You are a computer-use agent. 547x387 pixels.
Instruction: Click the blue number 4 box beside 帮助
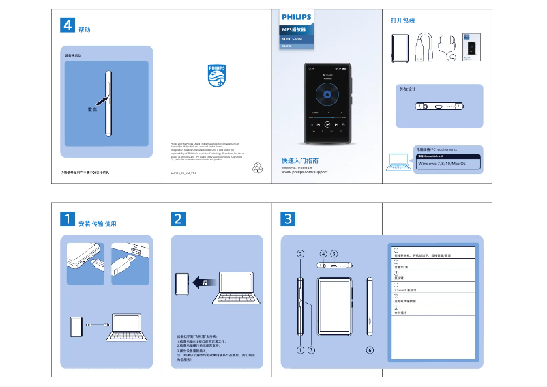pyautogui.click(x=68, y=25)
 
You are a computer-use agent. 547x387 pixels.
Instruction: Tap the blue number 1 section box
pyautogui.click(x=67, y=218)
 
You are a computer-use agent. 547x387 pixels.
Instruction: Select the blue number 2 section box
pyautogui.click(x=177, y=218)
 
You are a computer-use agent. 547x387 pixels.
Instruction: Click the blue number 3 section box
pyautogui.click(x=289, y=218)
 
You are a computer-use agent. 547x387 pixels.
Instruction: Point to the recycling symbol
pyautogui.click(x=258, y=167)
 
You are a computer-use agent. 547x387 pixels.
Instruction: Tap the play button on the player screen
pyautogui.click(x=327, y=124)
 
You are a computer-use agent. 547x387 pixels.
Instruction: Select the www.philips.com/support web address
pyautogui.click(x=305, y=173)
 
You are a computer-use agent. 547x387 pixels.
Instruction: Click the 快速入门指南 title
pyautogui.click(x=301, y=161)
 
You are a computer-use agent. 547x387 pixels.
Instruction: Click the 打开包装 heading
pyautogui.click(x=402, y=20)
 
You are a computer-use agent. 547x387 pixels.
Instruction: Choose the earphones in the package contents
pyautogui.click(x=447, y=48)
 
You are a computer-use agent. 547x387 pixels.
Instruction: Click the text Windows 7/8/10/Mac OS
pyautogui.click(x=441, y=164)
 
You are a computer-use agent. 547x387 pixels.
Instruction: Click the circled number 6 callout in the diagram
pyautogui.click(x=370, y=349)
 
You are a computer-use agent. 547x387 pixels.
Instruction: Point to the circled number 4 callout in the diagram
pyautogui.click(x=323, y=254)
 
